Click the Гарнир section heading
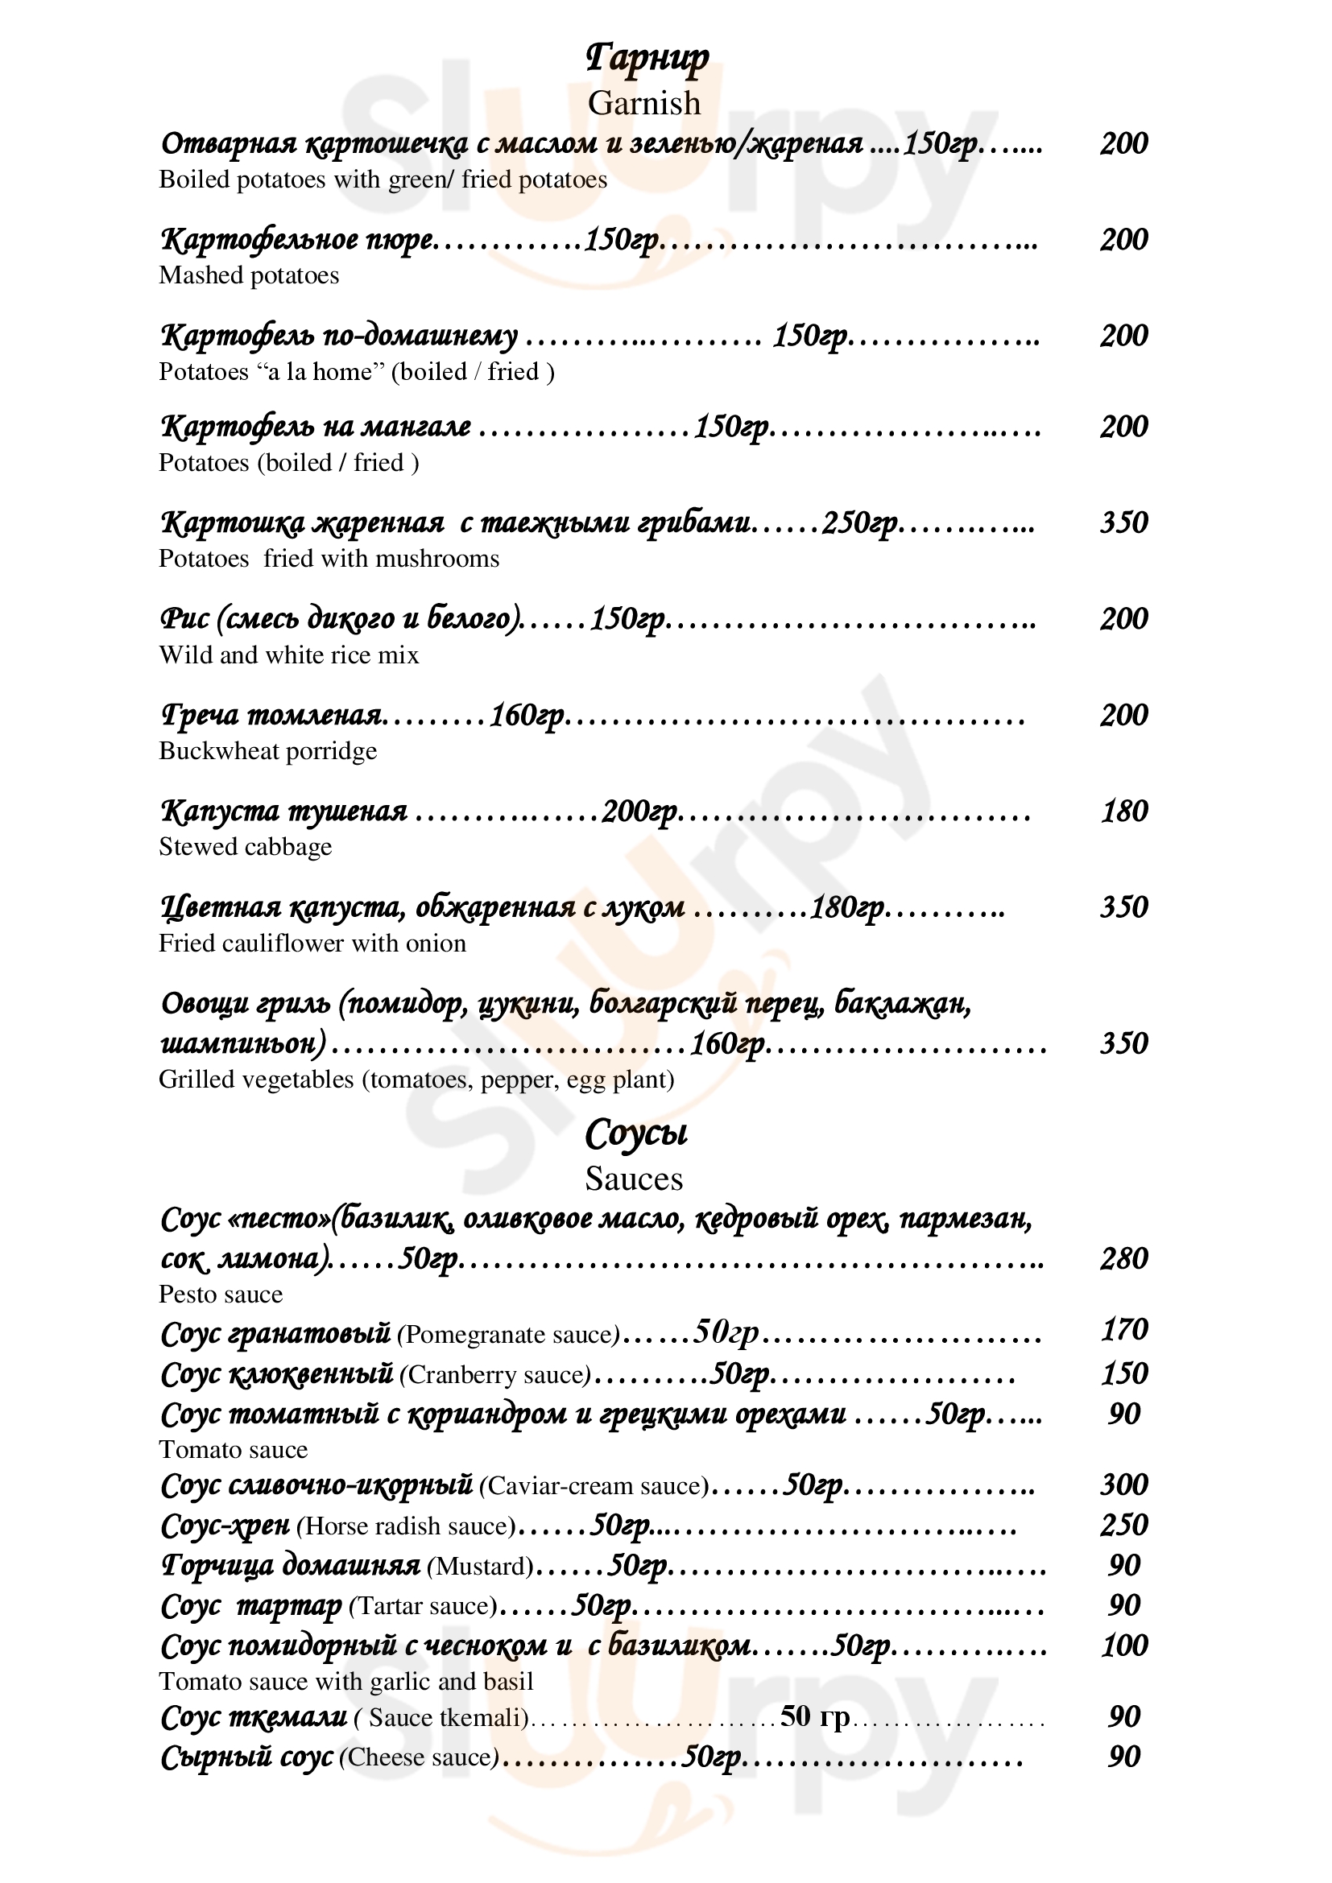coord(647,59)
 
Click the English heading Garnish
coord(644,103)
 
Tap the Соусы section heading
coord(635,1134)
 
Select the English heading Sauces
coord(633,1179)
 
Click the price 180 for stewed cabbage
coord(1123,811)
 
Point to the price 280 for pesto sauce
coord(1123,1258)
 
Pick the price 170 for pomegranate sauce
coord(1123,1329)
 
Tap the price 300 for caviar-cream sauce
coord(1123,1485)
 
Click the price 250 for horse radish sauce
coord(1123,1525)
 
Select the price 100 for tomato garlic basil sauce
coord(1123,1646)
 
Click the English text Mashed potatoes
coord(249,275)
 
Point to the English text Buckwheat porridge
coord(267,751)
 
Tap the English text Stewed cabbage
coord(246,847)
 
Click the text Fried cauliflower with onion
coord(312,944)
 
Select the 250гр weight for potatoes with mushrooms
coord(858,523)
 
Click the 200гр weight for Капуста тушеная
coord(639,812)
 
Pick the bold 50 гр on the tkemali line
coord(814,1716)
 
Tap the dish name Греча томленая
coord(271,715)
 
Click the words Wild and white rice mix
coord(289,655)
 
